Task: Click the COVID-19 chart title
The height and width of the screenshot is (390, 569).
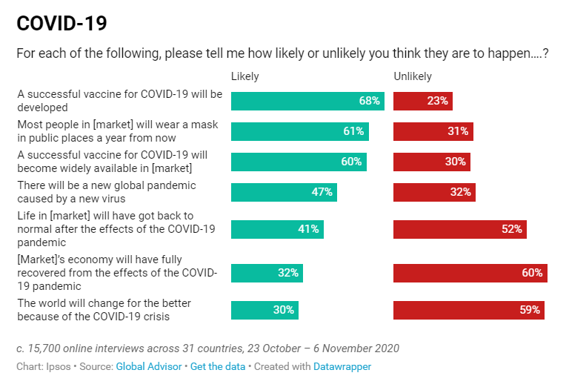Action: click(x=61, y=23)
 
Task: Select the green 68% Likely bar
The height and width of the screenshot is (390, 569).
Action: click(x=307, y=101)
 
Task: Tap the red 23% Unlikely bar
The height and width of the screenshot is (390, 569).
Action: click(x=422, y=101)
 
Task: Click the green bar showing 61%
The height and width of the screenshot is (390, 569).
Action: click(x=299, y=131)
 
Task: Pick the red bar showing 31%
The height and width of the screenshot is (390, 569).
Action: click(x=433, y=131)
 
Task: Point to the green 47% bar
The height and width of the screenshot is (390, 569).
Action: click(x=284, y=192)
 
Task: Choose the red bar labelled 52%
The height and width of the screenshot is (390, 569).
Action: click(x=459, y=229)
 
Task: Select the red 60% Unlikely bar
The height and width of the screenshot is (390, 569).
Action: click(x=470, y=273)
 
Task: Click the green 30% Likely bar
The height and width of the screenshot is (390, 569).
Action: click(x=264, y=310)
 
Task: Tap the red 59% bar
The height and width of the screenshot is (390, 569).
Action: click(x=468, y=310)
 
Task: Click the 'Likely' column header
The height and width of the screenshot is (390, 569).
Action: click(x=245, y=76)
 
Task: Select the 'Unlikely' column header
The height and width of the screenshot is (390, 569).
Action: click(x=412, y=76)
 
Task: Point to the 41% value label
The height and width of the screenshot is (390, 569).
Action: click(x=308, y=229)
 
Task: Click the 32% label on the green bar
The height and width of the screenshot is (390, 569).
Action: click(x=288, y=273)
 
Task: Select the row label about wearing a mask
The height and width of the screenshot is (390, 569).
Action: click(x=117, y=131)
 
